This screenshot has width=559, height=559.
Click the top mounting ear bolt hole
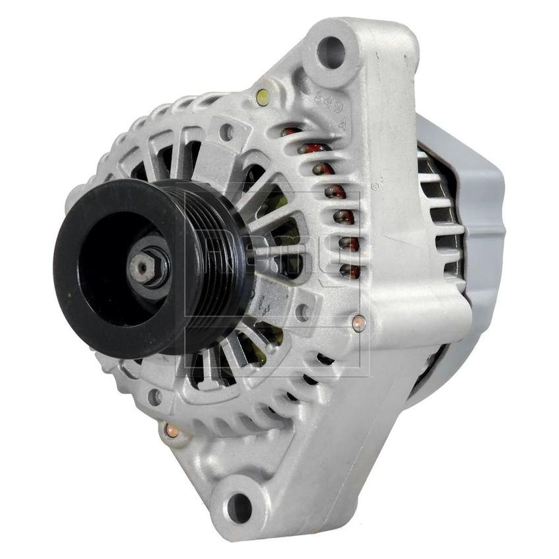[331, 49]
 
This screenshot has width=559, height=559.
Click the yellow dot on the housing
[262, 97]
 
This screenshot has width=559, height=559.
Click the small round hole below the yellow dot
[228, 133]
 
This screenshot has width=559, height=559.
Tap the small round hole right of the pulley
[303, 312]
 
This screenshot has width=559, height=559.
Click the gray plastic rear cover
[480, 217]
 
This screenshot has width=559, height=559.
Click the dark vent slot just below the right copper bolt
[324, 358]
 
